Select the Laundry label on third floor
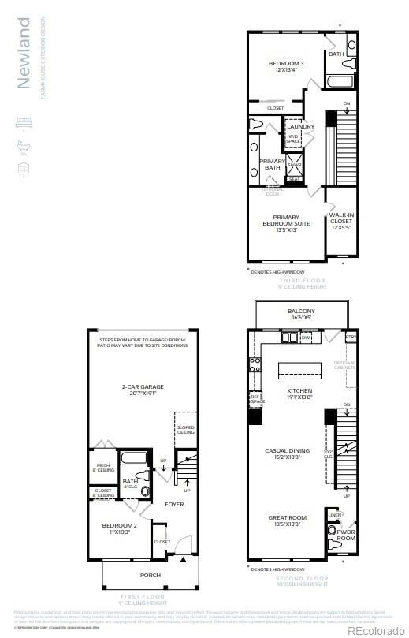[300, 126]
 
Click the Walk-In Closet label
[341, 221]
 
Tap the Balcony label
[299, 315]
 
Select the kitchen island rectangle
[300, 370]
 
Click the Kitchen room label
[299, 394]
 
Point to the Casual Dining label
[287, 454]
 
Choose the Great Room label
[286, 521]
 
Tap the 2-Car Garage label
[142, 390]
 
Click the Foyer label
[174, 503]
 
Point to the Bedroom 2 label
[119, 528]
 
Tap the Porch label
[150, 575]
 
